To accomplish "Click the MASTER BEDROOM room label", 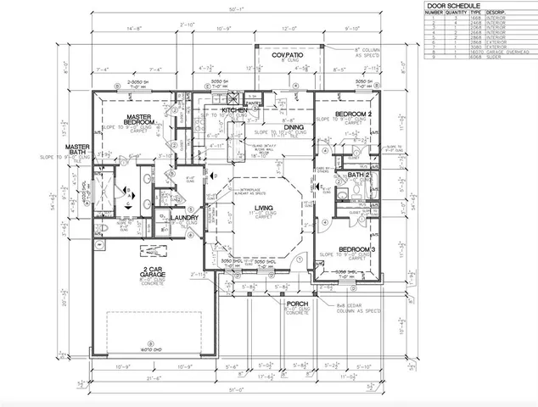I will click(138, 120).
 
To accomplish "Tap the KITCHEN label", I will click(234, 110).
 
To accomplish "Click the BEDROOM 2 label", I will click(351, 113).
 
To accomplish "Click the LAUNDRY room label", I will click(184, 218).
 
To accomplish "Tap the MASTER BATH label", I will click(78, 150).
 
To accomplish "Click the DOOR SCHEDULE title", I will click(452, 5).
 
